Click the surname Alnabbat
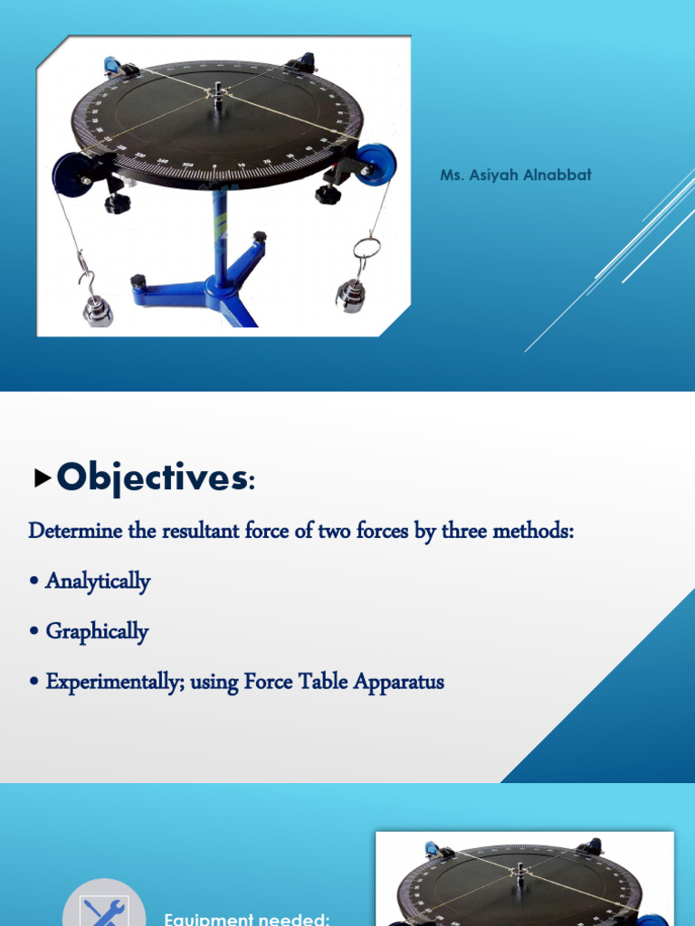[x=556, y=175]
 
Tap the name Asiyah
[x=494, y=175]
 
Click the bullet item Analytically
[x=98, y=581]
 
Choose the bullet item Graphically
[x=97, y=631]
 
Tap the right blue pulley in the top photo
[x=374, y=165]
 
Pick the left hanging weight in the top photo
[x=98, y=309]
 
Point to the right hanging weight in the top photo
[x=350, y=295]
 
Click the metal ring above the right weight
[x=366, y=247]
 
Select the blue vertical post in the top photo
[x=220, y=235]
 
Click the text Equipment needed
[x=246, y=919]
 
